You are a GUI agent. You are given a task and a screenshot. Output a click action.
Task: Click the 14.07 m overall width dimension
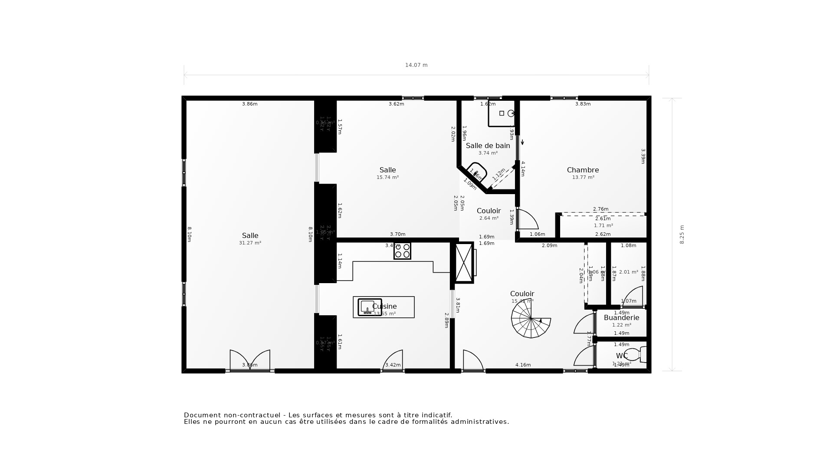tap(416, 65)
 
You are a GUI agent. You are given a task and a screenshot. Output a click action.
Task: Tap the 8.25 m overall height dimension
tap(682, 234)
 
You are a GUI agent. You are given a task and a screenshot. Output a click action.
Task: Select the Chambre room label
tap(583, 170)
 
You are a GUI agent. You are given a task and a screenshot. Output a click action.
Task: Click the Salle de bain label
tap(488, 146)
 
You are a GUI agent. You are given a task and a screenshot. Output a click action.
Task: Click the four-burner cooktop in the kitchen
tap(402, 251)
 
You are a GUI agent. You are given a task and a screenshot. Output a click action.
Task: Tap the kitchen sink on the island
tap(369, 307)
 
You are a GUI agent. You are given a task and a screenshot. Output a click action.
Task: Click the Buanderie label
tap(621, 318)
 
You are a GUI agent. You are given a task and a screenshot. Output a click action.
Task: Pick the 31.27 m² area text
tap(250, 243)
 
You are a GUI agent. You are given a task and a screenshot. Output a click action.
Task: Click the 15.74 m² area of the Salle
tap(387, 178)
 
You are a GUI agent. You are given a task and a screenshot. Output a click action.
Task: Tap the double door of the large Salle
tap(250, 360)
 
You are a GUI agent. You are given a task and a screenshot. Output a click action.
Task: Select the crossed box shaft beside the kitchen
tap(464, 263)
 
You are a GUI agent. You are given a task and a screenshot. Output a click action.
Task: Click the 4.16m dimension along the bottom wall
tap(523, 365)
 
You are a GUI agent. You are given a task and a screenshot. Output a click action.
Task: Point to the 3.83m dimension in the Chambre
tap(583, 104)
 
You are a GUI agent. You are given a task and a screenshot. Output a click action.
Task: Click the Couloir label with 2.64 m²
tap(489, 211)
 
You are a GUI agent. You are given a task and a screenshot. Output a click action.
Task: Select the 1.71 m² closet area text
tap(603, 226)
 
